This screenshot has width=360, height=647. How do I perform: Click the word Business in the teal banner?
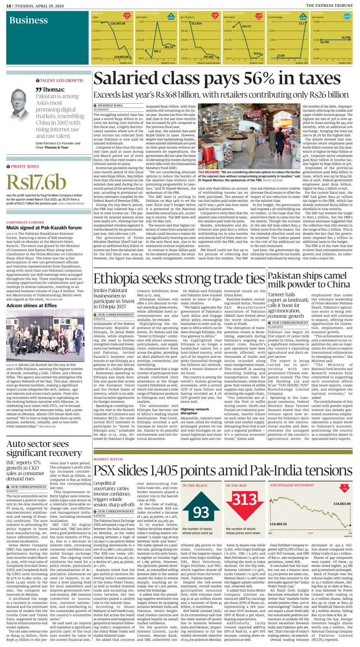click(x=29, y=20)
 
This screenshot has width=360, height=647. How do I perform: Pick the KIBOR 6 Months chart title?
click(x=275, y=14)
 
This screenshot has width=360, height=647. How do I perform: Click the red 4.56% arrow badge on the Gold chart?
click(x=215, y=16)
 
